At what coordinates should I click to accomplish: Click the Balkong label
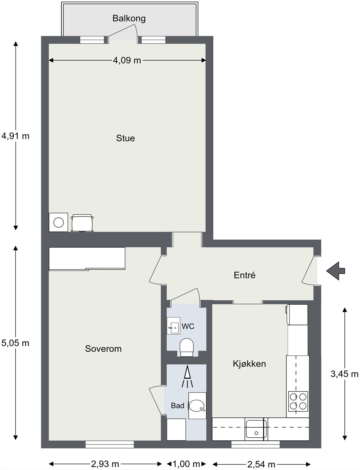click(x=129, y=19)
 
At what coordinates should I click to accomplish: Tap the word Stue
click(x=125, y=138)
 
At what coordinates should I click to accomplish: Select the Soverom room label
click(x=103, y=349)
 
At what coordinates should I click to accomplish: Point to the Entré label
click(x=245, y=275)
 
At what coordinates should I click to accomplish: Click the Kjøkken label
click(x=249, y=364)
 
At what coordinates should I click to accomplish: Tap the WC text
click(x=188, y=326)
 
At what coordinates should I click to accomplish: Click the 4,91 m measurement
click(x=15, y=136)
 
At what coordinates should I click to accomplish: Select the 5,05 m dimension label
click(x=15, y=343)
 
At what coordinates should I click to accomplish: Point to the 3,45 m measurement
click(x=344, y=374)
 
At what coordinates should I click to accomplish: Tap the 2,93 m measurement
click(x=105, y=462)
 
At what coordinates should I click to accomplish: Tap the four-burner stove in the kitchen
click(x=298, y=402)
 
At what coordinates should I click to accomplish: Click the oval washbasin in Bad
click(x=197, y=406)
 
